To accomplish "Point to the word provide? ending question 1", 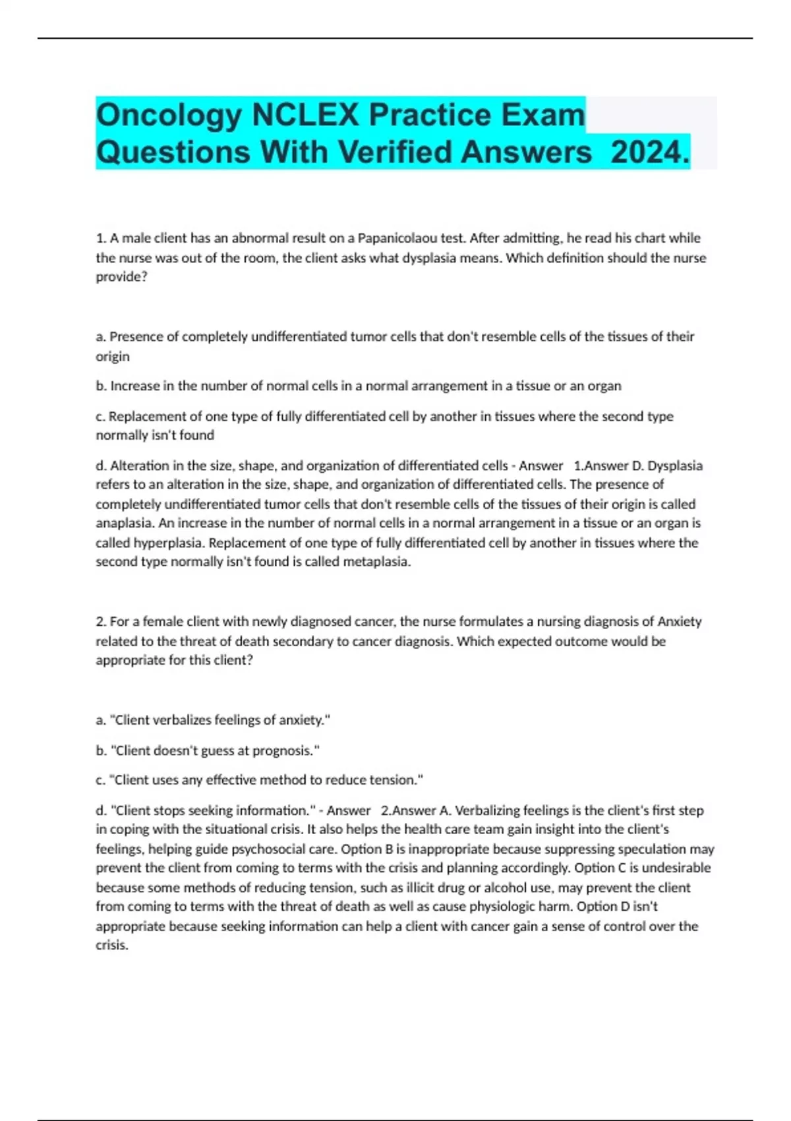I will coord(121,277).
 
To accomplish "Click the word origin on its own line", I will coord(113,357).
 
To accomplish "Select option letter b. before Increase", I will coord(102,386).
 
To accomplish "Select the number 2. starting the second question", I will coord(102,621).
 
